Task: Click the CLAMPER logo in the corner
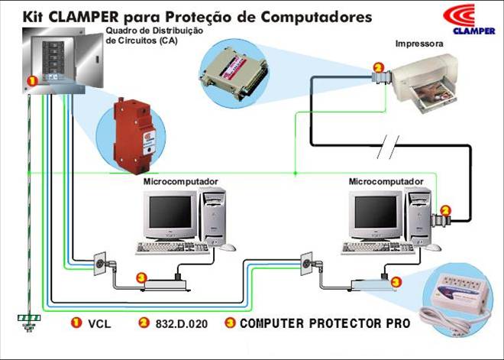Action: (x=470, y=19)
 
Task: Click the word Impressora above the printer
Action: (x=419, y=44)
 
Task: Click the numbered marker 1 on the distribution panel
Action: (x=32, y=80)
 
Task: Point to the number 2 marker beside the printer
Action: (x=378, y=68)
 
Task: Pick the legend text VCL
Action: (x=99, y=323)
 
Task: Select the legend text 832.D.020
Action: (x=182, y=323)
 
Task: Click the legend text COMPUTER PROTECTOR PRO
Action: (x=325, y=323)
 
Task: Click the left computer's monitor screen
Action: (x=170, y=212)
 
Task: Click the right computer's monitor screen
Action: (x=376, y=212)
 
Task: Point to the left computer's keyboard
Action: (x=173, y=248)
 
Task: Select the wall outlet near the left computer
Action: (x=99, y=264)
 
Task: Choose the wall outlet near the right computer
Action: (x=306, y=264)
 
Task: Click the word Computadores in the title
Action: (x=316, y=17)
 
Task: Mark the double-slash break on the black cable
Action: (x=388, y=148)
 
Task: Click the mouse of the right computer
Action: (x=433, y=247)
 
